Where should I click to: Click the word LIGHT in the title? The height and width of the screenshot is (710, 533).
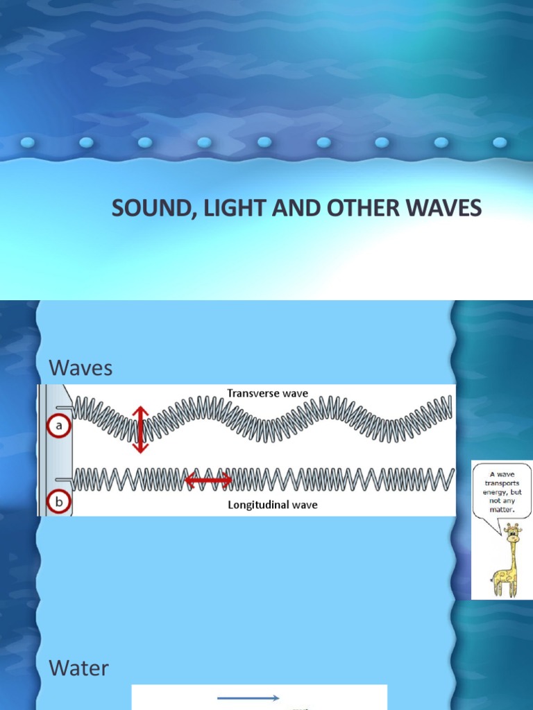pyautogui.click(x=220, y=209)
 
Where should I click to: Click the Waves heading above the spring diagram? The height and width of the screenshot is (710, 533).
pyautogui.click(x=81, y=368)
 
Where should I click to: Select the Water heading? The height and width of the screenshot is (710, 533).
pyautogui.click(x=78, y=668)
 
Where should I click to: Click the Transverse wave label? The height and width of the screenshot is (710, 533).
pyautogui.click(x=267, y=393)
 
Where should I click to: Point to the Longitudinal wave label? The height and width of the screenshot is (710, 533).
pyautogui.click(x=273, y=505)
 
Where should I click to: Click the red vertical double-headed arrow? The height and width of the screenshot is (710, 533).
pyautogui.click(x=140, y=429)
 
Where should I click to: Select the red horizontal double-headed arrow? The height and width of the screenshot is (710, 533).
pyautogui.click(x=208, y=479)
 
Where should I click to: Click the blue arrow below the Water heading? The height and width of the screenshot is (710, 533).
pyautogui.click(x=248, y=698)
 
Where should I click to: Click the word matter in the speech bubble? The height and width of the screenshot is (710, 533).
pyautogui.click(x=504, y=509)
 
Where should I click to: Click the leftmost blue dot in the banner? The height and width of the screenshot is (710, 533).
pyautogui.click(x=28, y=143)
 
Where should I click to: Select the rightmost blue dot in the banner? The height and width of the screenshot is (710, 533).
pyautogui.click(x=500, y=143)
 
